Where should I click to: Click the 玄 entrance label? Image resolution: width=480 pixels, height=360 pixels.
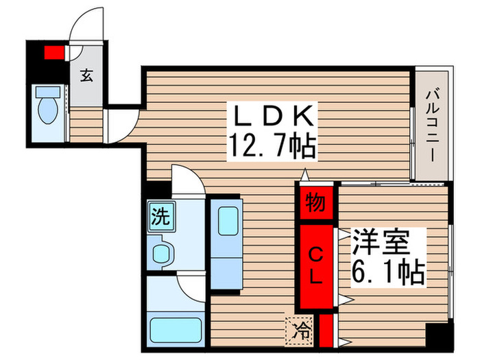86,75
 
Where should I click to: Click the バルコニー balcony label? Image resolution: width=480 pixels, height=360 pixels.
431,123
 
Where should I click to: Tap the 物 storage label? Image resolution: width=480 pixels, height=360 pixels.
316,204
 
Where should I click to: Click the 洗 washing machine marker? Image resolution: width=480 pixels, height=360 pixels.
160,218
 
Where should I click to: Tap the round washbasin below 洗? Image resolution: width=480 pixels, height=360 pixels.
162,254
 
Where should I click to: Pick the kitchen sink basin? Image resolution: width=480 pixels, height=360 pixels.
226,221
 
